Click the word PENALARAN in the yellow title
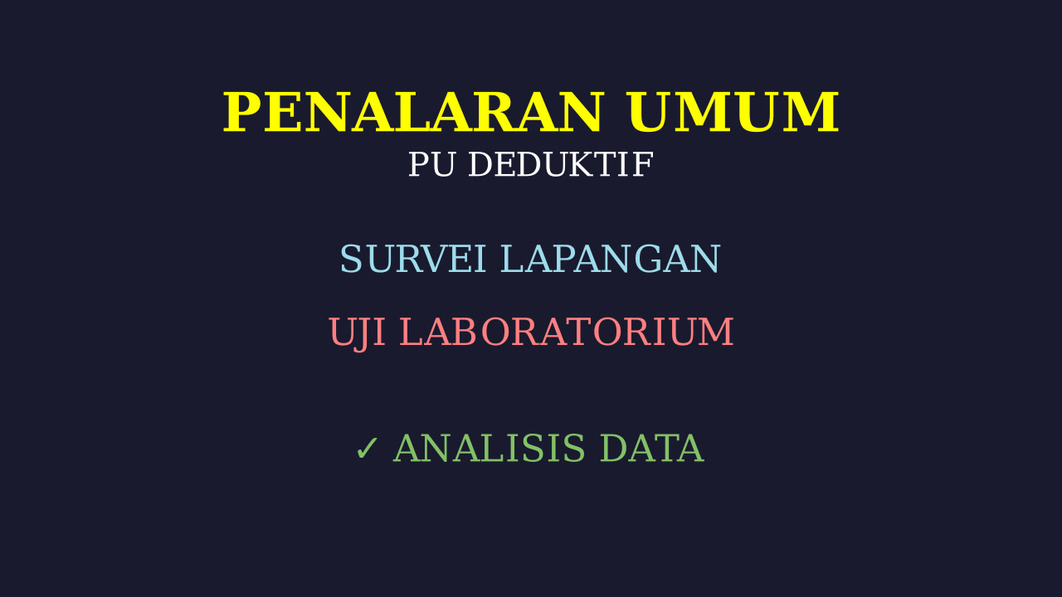[x=413, y=112]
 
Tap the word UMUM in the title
[x=733, y=112]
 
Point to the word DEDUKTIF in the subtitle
[x=561, y=164]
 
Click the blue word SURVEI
[x=413, y=259]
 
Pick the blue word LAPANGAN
[x=611, y=259]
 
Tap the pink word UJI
[x=357, y=333]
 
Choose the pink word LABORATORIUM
[x=567, y=332]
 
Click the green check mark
[x=367, y=449]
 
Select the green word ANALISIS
[x=490, y=449]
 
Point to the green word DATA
[x=652, y=449]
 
